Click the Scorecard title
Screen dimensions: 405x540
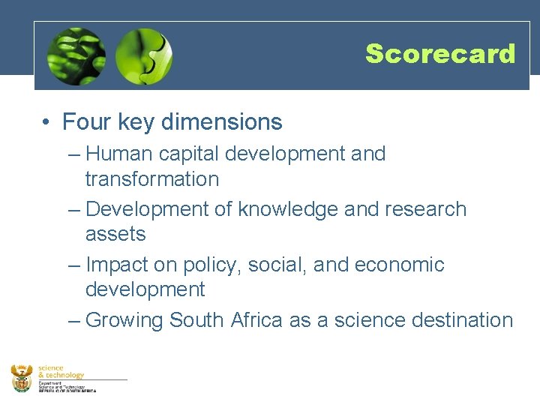coord(440,54)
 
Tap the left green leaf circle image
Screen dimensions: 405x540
coord(76,56)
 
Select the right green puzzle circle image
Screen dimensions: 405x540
coord(144,56)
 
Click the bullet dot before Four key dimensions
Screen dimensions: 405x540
coord(46,122)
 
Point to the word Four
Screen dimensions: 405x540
coord(84,121)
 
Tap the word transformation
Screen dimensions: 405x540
coord(152,179)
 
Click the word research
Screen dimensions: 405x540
coord(426,209)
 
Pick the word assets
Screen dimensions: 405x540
coord(115,235)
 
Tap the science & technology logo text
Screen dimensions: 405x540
coord(61,372)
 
